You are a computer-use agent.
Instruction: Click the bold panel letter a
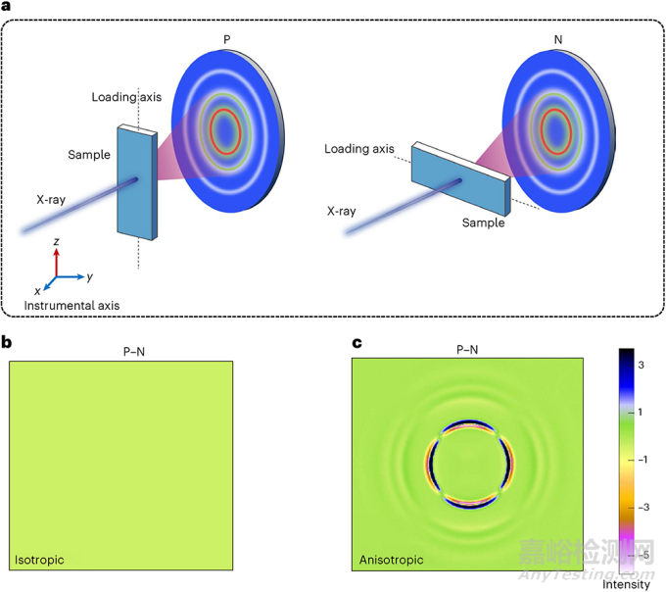coord(6,6)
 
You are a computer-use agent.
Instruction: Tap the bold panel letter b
coord(6,342)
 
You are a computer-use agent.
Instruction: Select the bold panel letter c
coord(357,343)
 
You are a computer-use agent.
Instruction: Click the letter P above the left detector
coord(227,39)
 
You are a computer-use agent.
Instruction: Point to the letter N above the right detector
coord(558,39)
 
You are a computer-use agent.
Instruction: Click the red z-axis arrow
coord(57,263)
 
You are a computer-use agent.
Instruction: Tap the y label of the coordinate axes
coord(90,277)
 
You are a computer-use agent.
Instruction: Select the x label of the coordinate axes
coord(37,291)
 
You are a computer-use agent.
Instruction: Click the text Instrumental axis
coord(71,306)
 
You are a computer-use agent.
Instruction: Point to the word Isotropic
coord(39,560)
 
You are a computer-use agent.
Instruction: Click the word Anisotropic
coord(391,560)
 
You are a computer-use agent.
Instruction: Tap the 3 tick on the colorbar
coord(641,365)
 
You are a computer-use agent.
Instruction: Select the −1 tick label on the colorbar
coord(642,460)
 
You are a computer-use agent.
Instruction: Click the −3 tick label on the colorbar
coord(643,507)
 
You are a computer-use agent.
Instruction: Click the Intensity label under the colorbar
coord(626,585)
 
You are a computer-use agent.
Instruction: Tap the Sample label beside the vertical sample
coord(89,155)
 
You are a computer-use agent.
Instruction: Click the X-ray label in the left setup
coord(51,200)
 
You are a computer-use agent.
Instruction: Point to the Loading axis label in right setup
coord(359,149)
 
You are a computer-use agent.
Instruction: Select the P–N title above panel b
coord(134,352)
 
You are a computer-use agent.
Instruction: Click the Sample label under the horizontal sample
coord(484,222)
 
